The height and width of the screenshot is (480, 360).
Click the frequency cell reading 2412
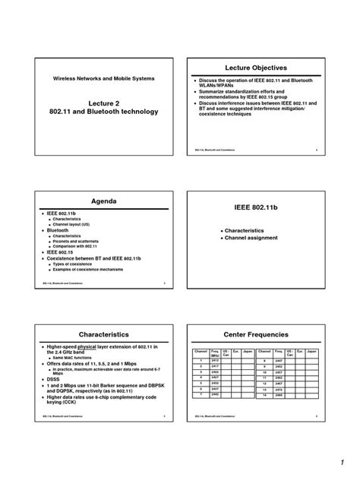(x=215, y=361)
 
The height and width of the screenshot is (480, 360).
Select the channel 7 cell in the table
(x=201, y=393)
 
